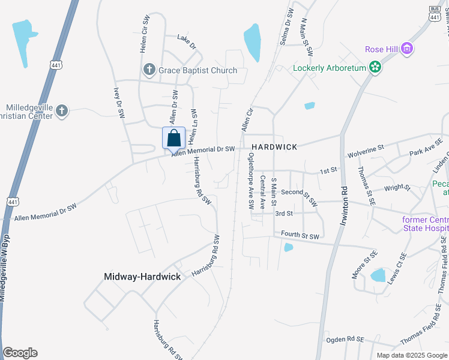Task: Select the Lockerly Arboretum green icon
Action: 375,67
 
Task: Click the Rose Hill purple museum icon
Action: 407,49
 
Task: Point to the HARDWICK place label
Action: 274,147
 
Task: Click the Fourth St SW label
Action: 300,236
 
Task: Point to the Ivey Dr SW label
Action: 117,103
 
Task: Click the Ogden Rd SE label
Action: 345,339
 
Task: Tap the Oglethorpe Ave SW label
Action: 250,180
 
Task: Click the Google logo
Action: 20,353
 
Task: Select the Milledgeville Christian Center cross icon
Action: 62,110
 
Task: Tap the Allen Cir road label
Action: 246,119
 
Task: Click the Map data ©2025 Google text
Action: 412,355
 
